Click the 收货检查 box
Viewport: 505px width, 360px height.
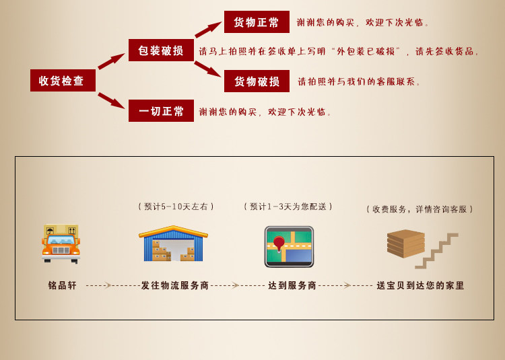tap(63, 81)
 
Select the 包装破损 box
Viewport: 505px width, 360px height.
tap(161, 50)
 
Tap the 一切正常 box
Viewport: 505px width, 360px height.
tap(161, 111)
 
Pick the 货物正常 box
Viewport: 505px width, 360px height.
tap(257, 22)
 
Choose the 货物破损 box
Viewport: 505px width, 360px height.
tap(257, 81)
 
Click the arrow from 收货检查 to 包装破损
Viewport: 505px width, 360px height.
tap(111, 61)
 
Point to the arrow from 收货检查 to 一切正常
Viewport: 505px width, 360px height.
tap(111, 100)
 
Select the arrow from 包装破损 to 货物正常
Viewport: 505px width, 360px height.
tap(208, 30)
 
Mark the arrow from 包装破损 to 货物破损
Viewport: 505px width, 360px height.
tap(207, 69)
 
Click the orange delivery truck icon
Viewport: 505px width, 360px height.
tap(61, 243)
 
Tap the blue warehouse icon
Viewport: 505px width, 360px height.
tap(173, 244)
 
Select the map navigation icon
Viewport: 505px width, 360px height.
tap(289, 246)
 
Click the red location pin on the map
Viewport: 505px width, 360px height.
tap(279, 243)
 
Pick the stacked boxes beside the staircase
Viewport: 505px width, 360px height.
tap(405, 243)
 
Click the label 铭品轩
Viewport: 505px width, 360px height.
tap(63, 285)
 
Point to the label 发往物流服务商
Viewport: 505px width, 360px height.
tap(175, 285)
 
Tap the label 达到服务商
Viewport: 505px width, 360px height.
tap(292, 285)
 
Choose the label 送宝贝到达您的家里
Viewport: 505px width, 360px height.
tap(421, 285)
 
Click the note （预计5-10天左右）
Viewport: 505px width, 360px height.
tap(176, 207)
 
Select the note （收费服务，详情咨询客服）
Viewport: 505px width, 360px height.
tap(420, 209)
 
